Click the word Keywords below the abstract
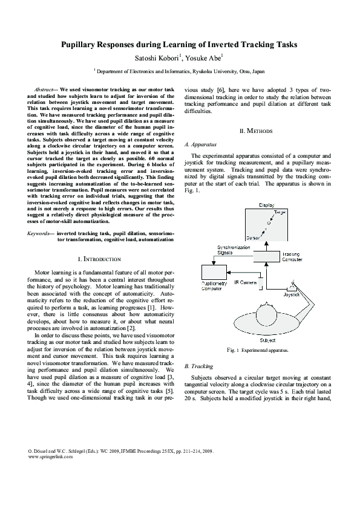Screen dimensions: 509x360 tap(41, 233)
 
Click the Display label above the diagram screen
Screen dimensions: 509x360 tap(267, 205)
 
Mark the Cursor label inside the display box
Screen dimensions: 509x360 tap(254, 238)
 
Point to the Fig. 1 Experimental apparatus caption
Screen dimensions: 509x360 tap(257, 350)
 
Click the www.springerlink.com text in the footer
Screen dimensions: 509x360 tap(51, 474)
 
